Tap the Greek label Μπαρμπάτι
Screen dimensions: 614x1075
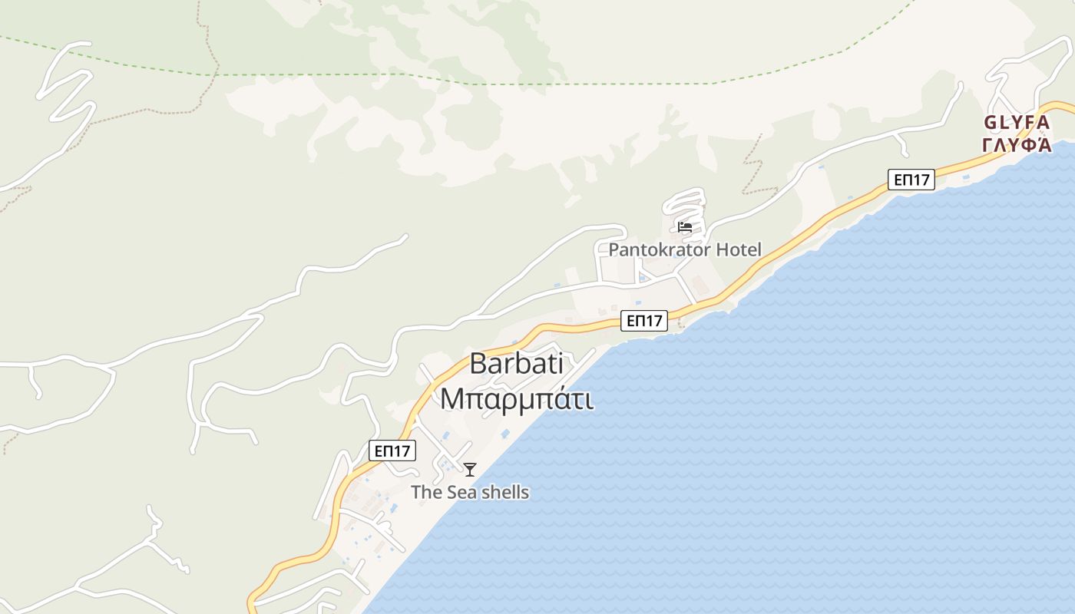(x=516, y=399)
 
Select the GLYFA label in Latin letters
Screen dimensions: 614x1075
(x=1016, y=123)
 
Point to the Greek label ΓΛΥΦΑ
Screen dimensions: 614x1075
(x=1016, y=145)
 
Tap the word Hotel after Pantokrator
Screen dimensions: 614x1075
(x=739, y=249)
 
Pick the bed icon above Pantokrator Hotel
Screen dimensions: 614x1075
(x=685, y=227)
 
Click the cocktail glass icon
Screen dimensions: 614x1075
(x=470, y=469)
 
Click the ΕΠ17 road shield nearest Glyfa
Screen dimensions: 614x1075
(x=911, y=180)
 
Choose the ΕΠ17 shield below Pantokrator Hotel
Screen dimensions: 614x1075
(x=644, y=321)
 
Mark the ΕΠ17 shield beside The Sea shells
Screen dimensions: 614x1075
(x=392, y=451)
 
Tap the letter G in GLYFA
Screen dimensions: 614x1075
(x=991, y=123)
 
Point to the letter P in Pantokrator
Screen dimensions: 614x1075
(x=614, y=249)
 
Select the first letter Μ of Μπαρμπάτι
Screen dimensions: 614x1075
(x=451, y=399)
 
